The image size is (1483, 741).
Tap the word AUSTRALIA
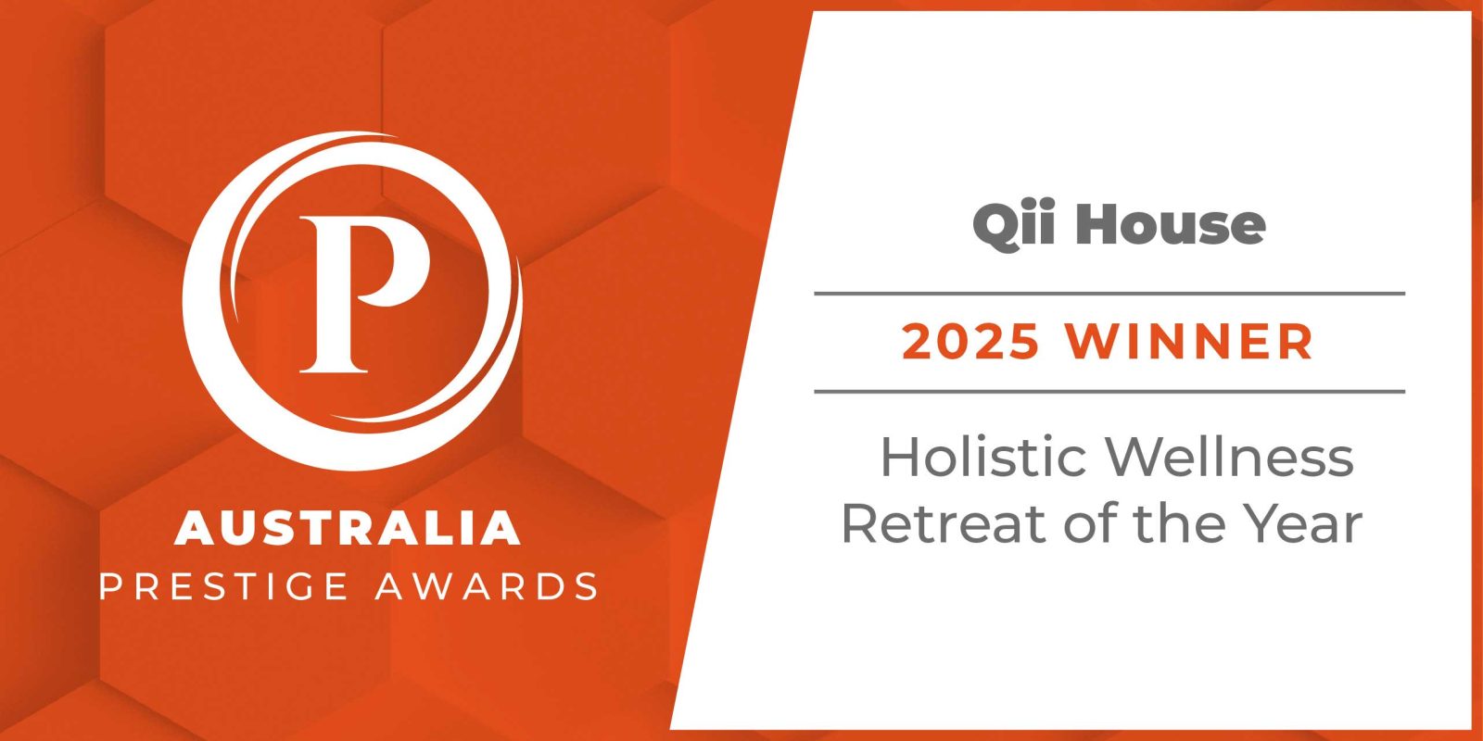tap(348, 528)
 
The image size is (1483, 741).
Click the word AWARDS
tap(487, 586)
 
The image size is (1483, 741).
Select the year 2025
tap(970, 342)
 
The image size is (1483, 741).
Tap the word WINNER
tap(1189, 342)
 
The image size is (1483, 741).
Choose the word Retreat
tap(944, 523)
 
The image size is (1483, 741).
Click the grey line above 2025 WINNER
tap(1109, 293)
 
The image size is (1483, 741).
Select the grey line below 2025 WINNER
tap(1109, 392)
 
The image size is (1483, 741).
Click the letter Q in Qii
tap(997, 227)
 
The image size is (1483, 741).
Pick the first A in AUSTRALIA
tap(195, 528)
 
